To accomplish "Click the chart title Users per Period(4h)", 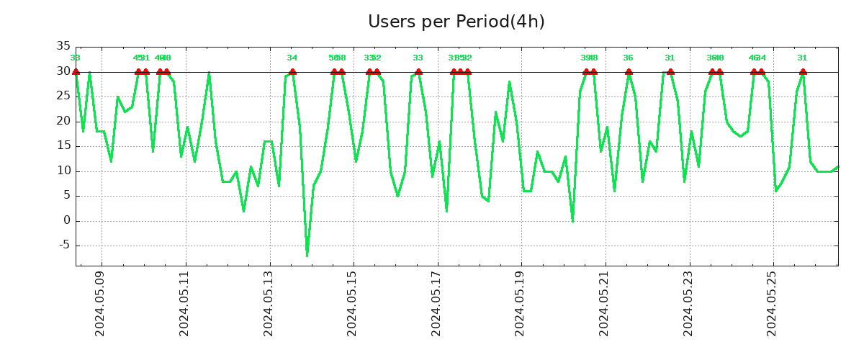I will [x=456, y=22].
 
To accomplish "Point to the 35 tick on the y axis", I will [x=63, y=47].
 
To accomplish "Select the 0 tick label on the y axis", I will [x=66, y=221].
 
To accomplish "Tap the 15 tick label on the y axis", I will [x=63, y=146].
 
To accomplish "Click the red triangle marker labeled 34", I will [x=292, y=71].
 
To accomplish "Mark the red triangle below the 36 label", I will [x=629, y=71].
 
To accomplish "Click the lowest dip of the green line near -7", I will [x=307, y=255].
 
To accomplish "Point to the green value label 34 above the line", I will [x=292, y=58].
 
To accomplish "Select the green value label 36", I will [x=628, y=58].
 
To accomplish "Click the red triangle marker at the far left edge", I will [x=76, y=71].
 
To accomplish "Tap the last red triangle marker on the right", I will [x=803, y=71].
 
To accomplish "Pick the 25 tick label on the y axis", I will [x=63, y=96].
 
